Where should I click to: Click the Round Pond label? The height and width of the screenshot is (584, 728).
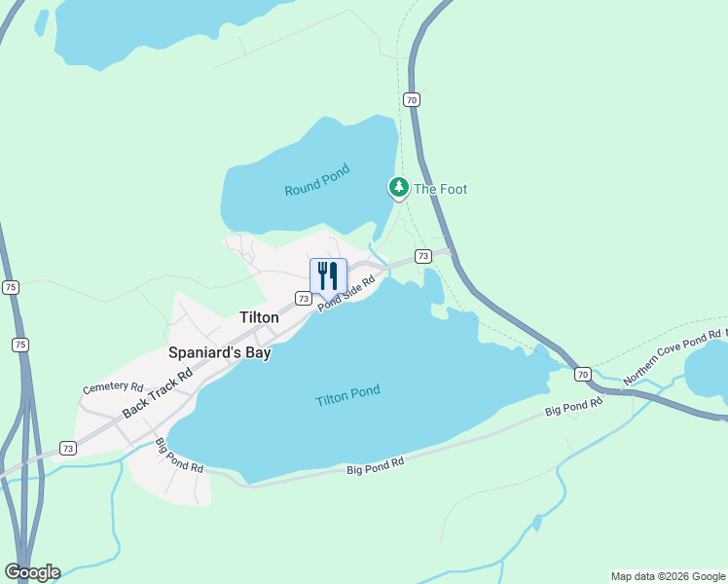click(316, 186)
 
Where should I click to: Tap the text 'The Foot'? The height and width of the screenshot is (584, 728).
click(440, 189)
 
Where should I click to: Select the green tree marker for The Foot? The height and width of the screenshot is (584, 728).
click(398, 186)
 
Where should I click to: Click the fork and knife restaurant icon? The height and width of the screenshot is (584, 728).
click(328, 275)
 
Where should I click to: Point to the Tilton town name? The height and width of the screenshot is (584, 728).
click(260, 316)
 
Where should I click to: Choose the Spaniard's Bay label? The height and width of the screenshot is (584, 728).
click(219, 353)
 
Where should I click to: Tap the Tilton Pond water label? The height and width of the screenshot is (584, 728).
click(347, 396)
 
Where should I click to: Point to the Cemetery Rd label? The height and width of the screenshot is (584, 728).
click(113, 387)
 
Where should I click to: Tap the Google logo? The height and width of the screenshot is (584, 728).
click(32, 572)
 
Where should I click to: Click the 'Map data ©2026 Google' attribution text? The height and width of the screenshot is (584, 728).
click(668, 576)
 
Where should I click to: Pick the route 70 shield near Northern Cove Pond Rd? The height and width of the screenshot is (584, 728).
click(582, 374)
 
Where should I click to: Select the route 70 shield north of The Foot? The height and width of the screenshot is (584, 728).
click(412, 99)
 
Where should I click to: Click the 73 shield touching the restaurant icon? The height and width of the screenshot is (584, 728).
click(305, 299)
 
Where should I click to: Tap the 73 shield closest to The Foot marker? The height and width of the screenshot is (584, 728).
click(422, 256)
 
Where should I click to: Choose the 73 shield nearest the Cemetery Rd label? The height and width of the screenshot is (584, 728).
click(67, 448)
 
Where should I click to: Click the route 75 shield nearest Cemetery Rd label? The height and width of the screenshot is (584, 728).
click(21, 345)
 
